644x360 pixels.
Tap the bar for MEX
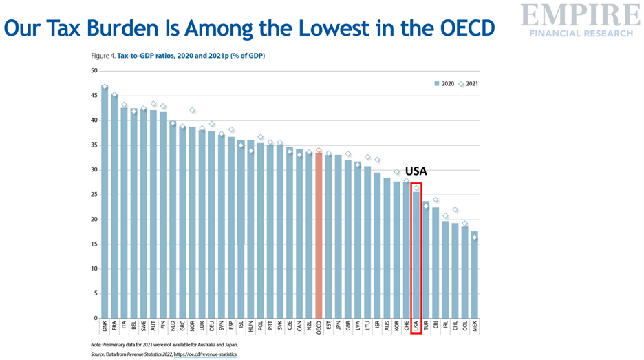474,275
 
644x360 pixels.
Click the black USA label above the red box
416,171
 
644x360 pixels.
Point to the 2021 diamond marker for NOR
192,110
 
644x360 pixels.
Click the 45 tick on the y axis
94,96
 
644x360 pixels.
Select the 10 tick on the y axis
94,269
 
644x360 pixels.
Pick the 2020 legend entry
444,84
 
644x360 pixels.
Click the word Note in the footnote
96,344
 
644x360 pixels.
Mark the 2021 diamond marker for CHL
455,209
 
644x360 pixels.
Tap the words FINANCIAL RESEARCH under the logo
579,33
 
